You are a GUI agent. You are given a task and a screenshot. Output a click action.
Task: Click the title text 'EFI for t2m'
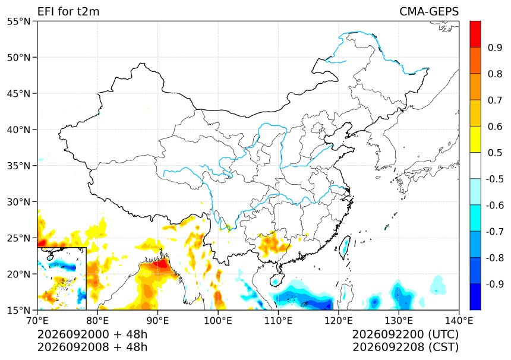68,11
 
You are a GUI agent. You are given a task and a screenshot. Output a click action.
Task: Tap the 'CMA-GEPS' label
429,11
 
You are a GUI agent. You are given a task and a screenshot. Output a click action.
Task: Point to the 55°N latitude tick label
18,21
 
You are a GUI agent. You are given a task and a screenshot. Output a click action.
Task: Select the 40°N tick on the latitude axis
18,130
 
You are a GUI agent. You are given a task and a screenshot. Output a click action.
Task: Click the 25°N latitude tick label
18,238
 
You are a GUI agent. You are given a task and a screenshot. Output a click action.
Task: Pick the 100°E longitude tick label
218,321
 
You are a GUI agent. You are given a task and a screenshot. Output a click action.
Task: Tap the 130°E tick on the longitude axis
399,321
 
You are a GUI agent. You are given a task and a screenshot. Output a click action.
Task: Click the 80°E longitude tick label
97,321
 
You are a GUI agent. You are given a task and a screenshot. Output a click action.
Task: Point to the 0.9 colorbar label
495,48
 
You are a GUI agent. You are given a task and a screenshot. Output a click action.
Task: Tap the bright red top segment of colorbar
475,34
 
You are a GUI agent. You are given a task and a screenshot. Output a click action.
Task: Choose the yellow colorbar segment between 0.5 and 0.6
475,140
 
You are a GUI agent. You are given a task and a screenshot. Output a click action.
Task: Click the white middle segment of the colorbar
475,166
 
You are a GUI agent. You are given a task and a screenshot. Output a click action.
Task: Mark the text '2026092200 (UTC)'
405,334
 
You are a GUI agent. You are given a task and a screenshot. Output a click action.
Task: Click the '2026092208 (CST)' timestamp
405,348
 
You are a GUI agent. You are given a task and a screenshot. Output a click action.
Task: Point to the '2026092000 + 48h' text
92,334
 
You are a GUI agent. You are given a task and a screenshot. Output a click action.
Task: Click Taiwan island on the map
345,247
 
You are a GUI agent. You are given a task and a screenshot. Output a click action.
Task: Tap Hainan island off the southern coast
276,280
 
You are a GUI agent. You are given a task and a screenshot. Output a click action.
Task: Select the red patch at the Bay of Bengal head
160,263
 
